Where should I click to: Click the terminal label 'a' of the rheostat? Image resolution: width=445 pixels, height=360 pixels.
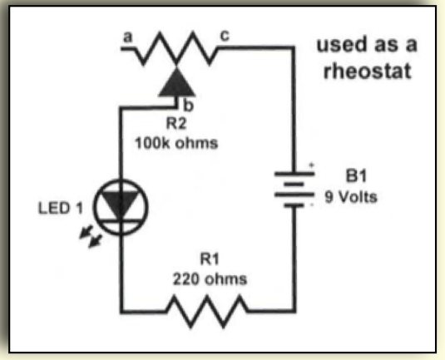tap(128, 37)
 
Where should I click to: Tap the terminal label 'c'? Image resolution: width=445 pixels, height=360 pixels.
tap(225, 36)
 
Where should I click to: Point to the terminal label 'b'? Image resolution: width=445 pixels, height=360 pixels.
tap(189, 105)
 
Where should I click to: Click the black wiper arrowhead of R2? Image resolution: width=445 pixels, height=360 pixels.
tap(177, 82)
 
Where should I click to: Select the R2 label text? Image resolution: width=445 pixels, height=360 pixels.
tap(176, 124)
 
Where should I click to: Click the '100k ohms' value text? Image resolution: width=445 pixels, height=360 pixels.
tap(176, 143)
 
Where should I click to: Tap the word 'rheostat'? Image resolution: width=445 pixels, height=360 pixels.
tap(368, 72)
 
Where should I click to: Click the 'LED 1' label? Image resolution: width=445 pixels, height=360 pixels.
tap(61, 208)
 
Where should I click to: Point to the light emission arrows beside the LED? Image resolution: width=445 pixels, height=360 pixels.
tap(91, 236)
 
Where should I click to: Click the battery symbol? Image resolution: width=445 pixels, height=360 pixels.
tap(294, 190)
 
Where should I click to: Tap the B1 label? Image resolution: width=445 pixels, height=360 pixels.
tap(357, 176)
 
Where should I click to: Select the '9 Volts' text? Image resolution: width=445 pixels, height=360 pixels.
tap(351, 197)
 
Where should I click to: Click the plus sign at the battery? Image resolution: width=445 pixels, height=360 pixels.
tap(312, 165)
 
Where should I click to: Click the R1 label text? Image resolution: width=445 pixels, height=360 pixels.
tap(210, 259)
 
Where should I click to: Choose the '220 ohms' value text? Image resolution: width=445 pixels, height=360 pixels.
tap(210, 279)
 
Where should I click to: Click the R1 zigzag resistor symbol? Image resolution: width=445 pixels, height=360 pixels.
tap(207, 312)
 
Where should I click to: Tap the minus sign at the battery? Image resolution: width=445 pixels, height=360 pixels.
tap(312, 205)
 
